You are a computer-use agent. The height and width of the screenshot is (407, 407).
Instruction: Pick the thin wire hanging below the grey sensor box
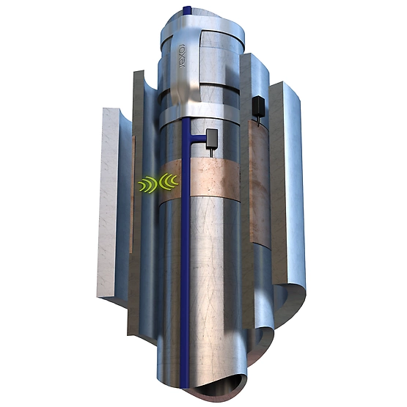[x=211, y=152]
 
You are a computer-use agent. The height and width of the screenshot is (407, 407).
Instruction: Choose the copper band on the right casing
[x=260, y=176]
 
